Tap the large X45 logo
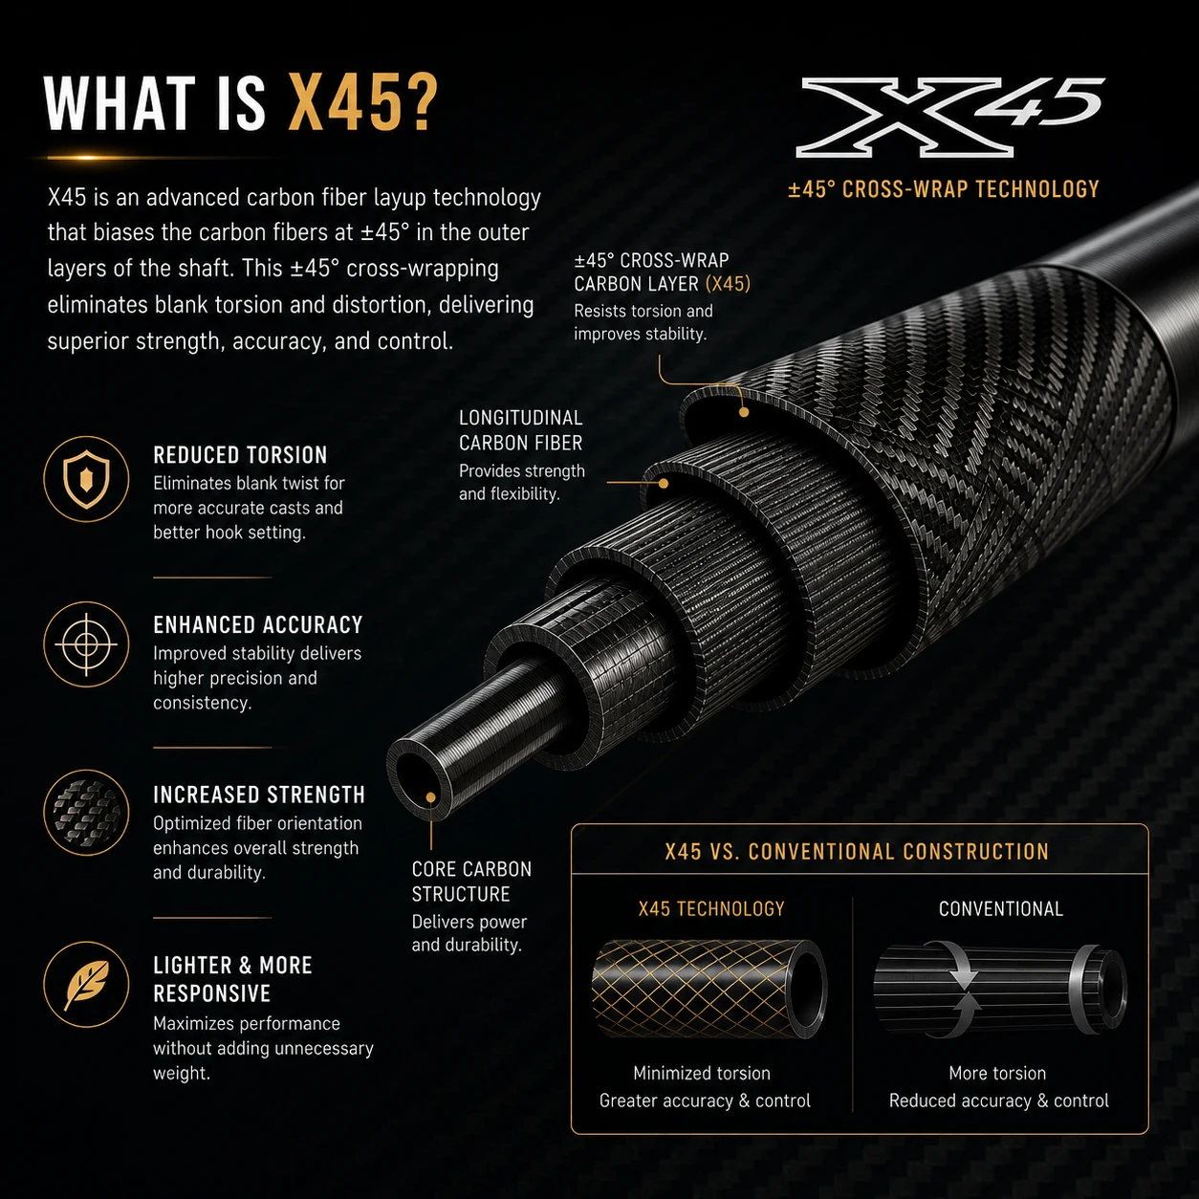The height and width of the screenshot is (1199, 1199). click(950, 117)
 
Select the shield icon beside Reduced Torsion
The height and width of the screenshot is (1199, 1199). click(86, 478)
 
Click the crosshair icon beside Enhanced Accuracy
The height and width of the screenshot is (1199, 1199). click(86, 644)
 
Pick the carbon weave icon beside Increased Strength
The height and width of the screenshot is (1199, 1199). click(86, 813)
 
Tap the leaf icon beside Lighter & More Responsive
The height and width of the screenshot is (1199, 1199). click(86, 984)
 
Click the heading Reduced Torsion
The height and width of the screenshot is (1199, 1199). click(240, 455)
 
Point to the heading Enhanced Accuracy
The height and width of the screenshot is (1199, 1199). click(257, 624)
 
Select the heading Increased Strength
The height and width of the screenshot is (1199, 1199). click(259, 795)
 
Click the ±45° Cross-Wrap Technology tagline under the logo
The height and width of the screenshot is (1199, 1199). click(944, 189)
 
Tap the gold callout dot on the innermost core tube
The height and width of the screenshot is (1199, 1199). click(430, 797)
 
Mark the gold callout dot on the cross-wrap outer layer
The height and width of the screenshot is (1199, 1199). click(744, 412)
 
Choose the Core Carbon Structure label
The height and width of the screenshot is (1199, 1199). click(471, 882)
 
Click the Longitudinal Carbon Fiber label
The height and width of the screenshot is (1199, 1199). click(521, 430)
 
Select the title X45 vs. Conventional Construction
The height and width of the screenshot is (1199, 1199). click(857, 851)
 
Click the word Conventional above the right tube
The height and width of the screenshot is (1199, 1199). click(1000, 909)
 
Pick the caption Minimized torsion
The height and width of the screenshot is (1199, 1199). click(702, 1073)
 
